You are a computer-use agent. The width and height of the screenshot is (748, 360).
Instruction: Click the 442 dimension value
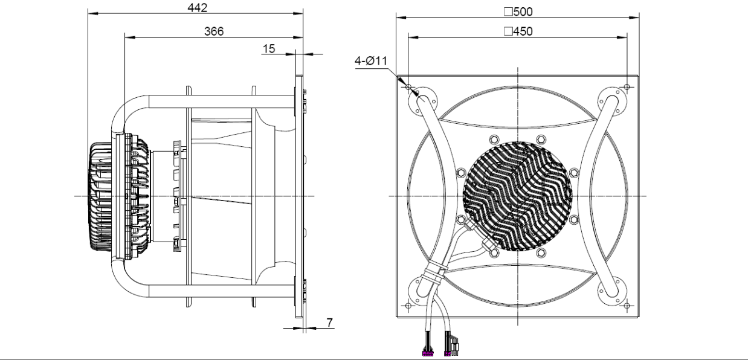pos(198,7)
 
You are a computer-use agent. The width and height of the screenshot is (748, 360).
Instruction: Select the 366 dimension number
pos(214,31)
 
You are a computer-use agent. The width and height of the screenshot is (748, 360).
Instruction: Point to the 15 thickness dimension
pos(269,49)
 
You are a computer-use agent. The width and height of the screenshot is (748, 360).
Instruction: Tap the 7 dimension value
pos(329,323)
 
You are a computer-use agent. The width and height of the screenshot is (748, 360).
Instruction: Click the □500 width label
pos(518,11)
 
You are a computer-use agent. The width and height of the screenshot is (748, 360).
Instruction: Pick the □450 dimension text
pos(518,31)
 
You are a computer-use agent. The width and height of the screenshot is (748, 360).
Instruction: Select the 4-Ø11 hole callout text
pos(371,61)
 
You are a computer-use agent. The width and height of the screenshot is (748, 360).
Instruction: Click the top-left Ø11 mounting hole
pos(408,87)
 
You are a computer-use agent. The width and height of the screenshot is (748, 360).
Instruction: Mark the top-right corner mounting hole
pos(627,87)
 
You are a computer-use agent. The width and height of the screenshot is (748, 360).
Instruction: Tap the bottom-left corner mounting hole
pos(408,306)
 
